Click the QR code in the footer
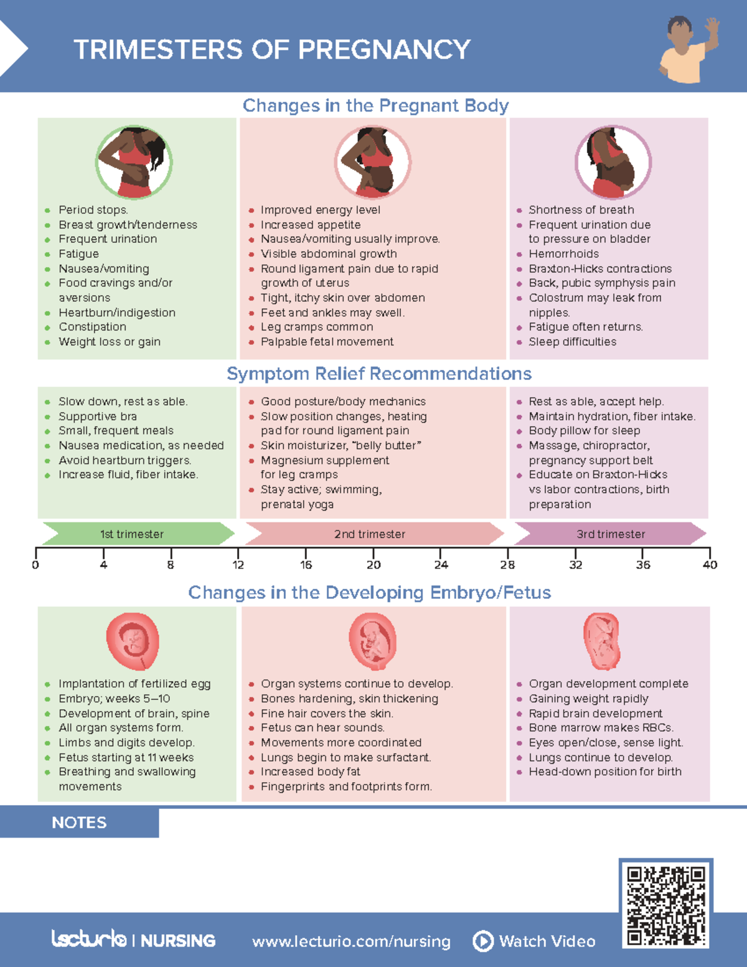(666, 905)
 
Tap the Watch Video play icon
(483, 941)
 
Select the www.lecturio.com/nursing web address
(351, 941)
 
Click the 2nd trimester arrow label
(370, 534)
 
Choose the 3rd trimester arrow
(610, 534)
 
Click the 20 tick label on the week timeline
(374, 565)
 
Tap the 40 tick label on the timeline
(710, 565)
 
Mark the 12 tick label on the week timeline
(238, 565)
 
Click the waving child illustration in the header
(689, 50)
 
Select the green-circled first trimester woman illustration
(134, 163)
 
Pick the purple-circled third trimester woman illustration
(613, 163)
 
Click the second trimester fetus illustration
(372, 641)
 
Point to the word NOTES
(79, 823)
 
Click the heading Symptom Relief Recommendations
(378, 374)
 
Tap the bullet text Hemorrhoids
(563, 254)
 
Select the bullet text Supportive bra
(98, 417)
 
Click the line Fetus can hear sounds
(322, 728)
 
